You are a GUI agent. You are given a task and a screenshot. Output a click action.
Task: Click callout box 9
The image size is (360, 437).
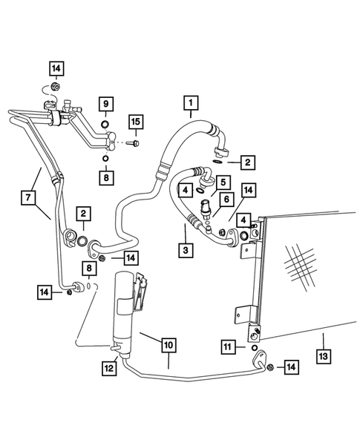[105, 102]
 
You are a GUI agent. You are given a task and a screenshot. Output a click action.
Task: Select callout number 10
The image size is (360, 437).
[168, 344]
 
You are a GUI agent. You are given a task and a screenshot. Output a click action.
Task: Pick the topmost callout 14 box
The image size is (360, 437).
[56, 70]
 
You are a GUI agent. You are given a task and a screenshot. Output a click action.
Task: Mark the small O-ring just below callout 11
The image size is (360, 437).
[255, 347]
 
